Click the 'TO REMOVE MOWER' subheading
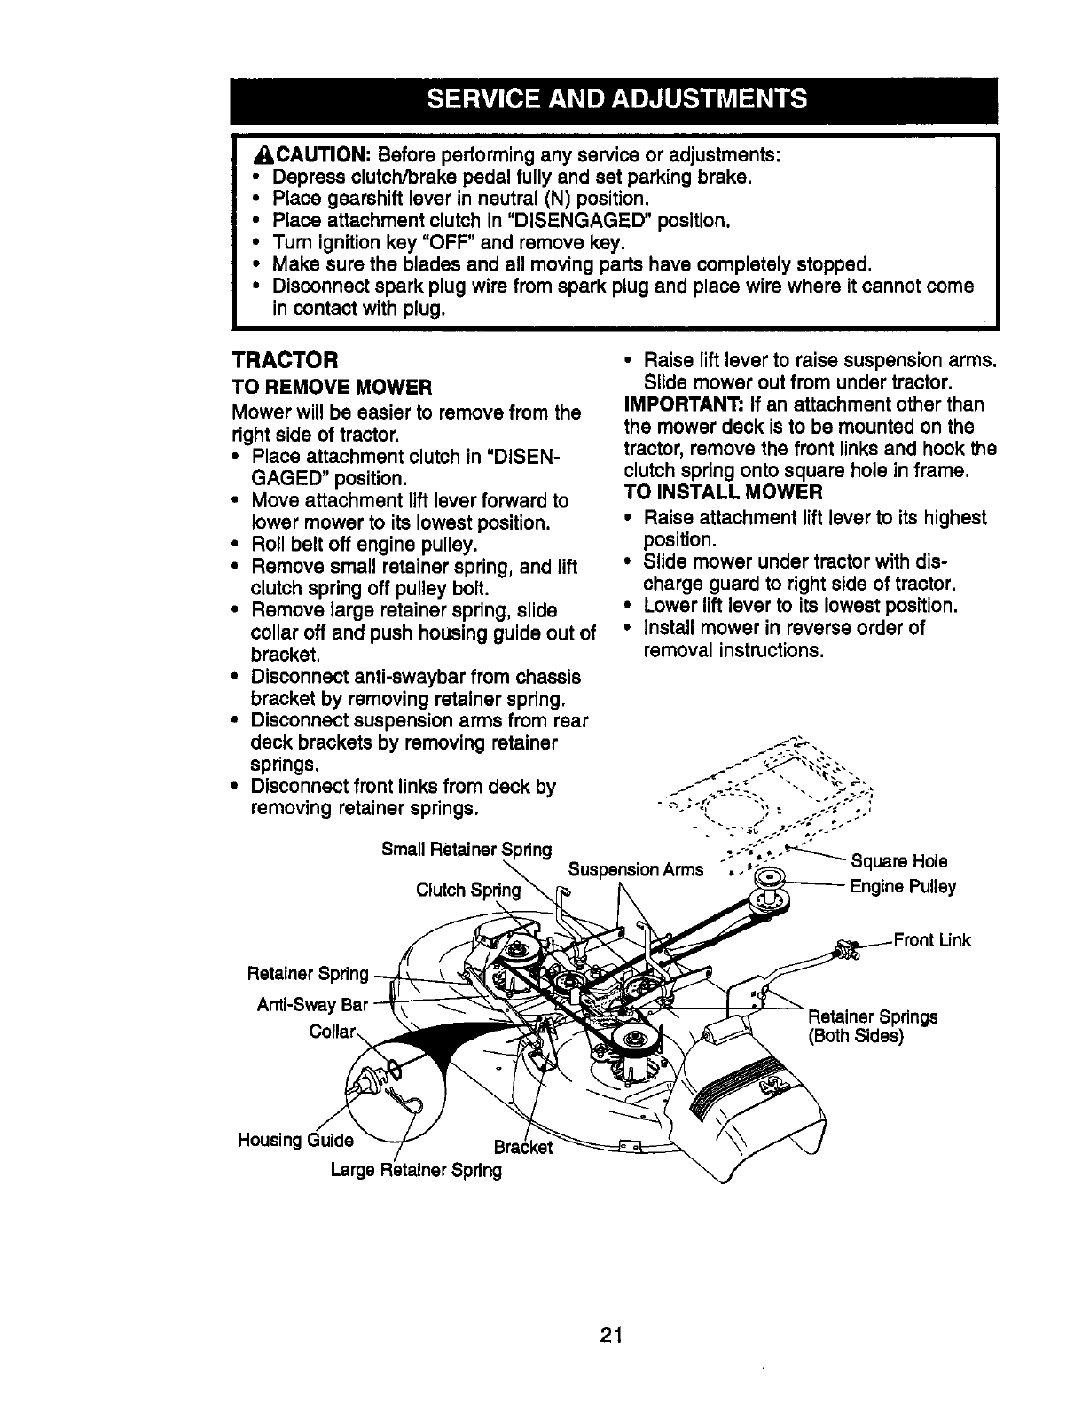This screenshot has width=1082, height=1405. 331,388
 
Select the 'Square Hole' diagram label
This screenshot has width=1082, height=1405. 898,861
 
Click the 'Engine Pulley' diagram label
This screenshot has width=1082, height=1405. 903,887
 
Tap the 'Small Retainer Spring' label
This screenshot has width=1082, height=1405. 466,850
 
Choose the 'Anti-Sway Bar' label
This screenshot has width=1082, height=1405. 311,1005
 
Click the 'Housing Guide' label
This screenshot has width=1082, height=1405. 295,1140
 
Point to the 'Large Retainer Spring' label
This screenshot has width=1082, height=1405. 415,1170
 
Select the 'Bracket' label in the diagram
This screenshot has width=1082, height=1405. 522,1148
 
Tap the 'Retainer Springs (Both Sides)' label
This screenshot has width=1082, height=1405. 872,1026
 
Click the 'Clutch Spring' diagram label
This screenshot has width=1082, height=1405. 467,890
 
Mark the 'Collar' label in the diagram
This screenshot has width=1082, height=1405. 332,1032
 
